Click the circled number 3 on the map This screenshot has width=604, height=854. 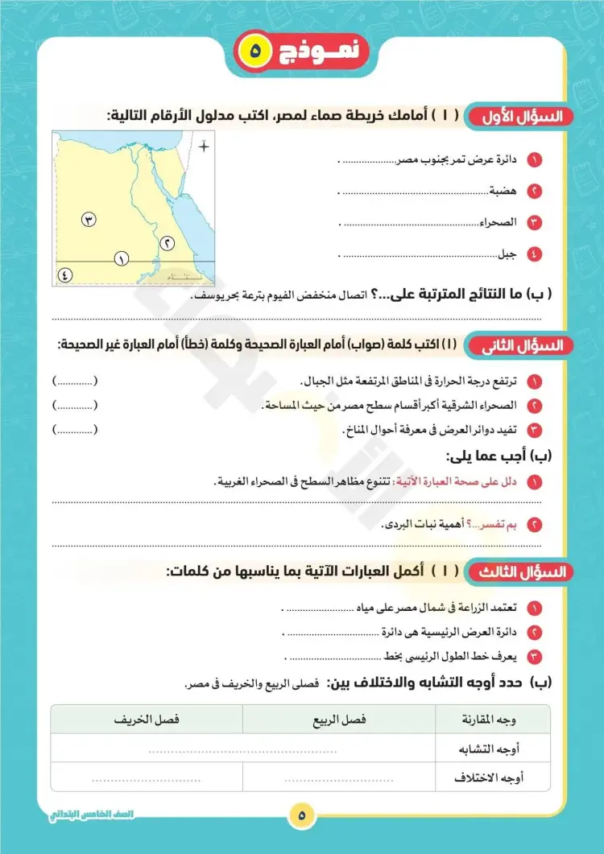tap(89, 219)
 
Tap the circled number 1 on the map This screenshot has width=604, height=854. tap(122, 258)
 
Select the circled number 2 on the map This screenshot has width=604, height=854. tap(167, 242)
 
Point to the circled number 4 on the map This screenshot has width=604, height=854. tap(65, 274)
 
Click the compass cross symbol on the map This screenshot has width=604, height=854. tap(205, 146)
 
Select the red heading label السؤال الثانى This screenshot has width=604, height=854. tap(520, 346)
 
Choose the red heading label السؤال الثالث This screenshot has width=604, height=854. tap(520, 572)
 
